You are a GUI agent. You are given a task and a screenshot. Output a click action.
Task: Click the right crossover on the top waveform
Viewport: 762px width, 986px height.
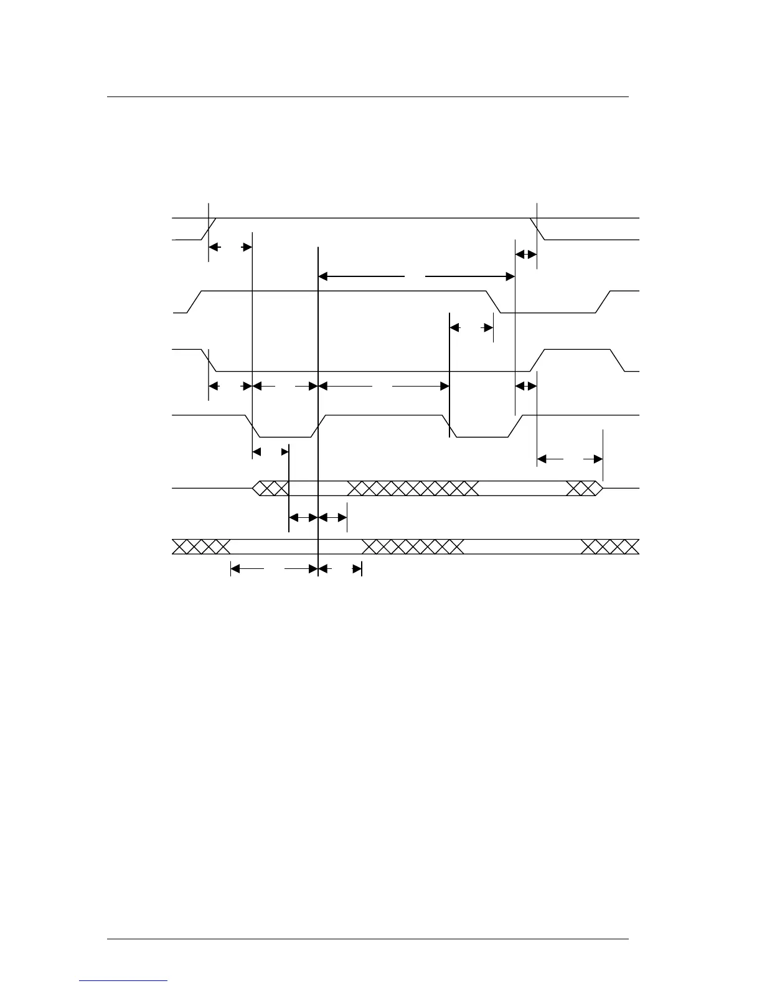click(x=537, y=228)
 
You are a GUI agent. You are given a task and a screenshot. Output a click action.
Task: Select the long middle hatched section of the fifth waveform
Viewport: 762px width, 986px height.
click(x=413, y=488)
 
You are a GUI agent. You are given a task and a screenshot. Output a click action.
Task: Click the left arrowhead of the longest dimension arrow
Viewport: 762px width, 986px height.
click(x=322, y=276)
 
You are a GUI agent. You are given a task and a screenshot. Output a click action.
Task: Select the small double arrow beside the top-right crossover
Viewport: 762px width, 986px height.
click(x=526, y=254)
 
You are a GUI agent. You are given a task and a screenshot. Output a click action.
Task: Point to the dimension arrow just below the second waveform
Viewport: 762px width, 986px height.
click(x=471, y=327)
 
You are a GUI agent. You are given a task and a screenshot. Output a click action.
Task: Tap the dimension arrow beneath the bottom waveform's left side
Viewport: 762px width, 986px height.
click(x=274, y=568)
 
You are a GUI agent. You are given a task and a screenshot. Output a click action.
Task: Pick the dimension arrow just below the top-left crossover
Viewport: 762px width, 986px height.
click(x=230, y=247)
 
